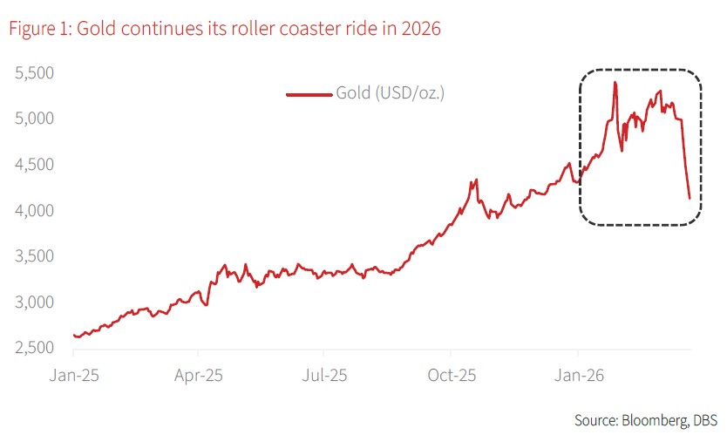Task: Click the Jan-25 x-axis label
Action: tap(73, 376)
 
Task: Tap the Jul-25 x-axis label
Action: tap(323, 376)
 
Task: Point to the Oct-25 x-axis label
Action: tap(451, 376)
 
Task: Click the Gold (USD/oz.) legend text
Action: tap(391, 93)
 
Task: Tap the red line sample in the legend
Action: tap(309, 93)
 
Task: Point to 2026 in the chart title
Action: tap(420, 29)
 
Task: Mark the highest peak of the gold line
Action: tap(615, 83)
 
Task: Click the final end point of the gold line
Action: tap(690, 199)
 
